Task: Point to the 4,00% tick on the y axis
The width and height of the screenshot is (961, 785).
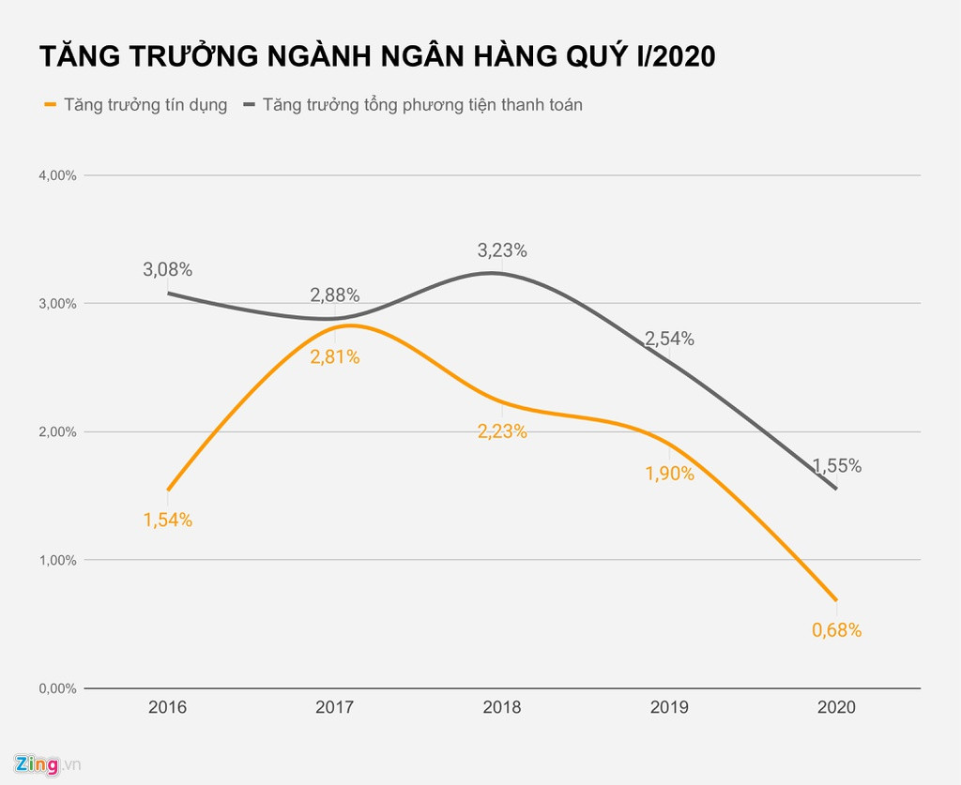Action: point(56,175)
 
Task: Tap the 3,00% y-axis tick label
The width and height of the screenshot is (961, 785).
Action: point(56,304)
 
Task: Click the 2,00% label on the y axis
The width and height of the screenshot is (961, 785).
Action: point(56,432)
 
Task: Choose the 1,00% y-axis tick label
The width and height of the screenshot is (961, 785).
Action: point(56,560)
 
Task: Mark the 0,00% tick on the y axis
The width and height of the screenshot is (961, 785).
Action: point(56,688)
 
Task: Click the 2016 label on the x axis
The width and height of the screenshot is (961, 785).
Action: point(167,707)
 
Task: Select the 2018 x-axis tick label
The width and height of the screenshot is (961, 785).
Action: point(502,707)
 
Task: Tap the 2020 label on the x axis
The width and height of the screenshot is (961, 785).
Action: point(836,707)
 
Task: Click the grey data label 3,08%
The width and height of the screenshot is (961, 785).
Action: point(167,270)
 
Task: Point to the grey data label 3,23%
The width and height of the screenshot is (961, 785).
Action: point(502,250)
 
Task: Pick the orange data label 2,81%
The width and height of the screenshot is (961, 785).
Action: point(335,357)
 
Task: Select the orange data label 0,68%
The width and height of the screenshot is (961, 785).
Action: point(836,630)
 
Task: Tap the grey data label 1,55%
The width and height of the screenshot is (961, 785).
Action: point(836,466)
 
